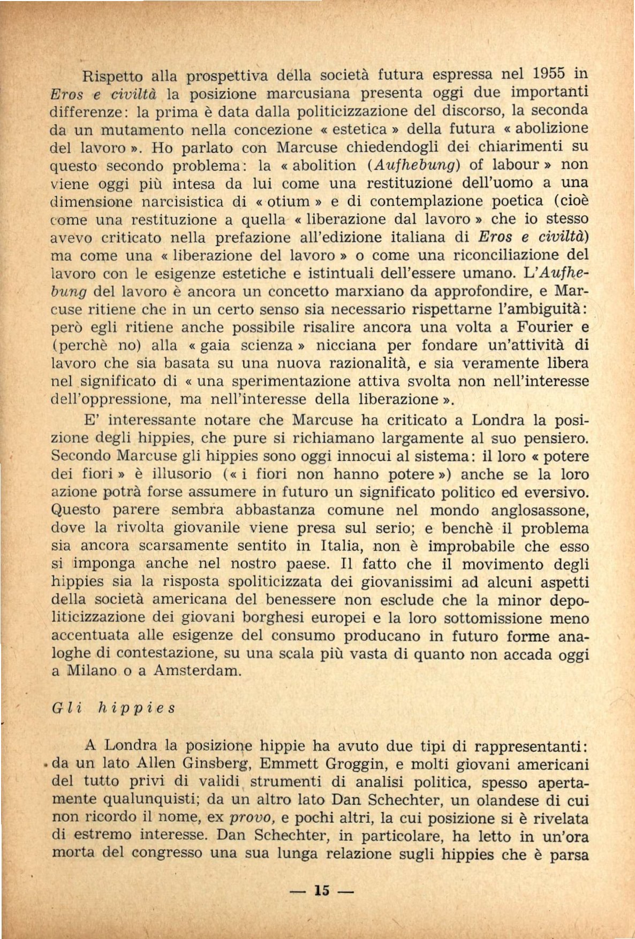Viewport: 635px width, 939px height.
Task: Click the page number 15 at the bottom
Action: (321, 890)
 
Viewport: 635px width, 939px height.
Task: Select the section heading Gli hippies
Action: (113, 708)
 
